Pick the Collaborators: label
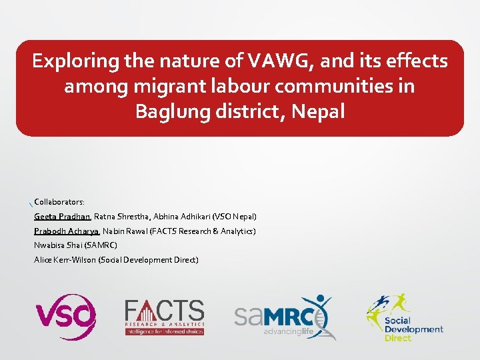[x=59, y=201]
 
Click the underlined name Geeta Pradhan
[x=63, y=217]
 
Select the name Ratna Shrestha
[x=122, y=217]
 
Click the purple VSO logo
[x=65, y=317]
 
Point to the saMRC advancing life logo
[x=283, y=317]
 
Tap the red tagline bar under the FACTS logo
[x=165, y=331]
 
